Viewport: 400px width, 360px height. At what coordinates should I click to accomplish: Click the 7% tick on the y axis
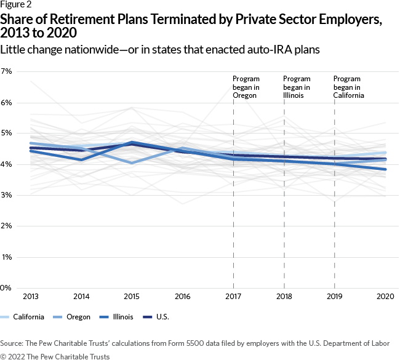tap(7, 72)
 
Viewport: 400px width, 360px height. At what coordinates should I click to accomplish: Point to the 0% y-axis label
tap(7, 288)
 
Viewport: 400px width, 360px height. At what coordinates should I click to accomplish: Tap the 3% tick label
tap(7, 196)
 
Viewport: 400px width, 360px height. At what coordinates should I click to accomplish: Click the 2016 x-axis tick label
tap(182, 297)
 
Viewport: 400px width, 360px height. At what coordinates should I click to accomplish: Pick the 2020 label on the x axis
tap(385, 297)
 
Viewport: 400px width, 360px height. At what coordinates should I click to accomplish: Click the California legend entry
tap(23, 317)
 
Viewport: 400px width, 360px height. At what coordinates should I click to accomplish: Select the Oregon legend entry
tap(79, 317)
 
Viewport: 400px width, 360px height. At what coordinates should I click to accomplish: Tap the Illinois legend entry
tap(129, 317)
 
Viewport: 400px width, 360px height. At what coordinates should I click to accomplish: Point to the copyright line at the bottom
tap(55, 356)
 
